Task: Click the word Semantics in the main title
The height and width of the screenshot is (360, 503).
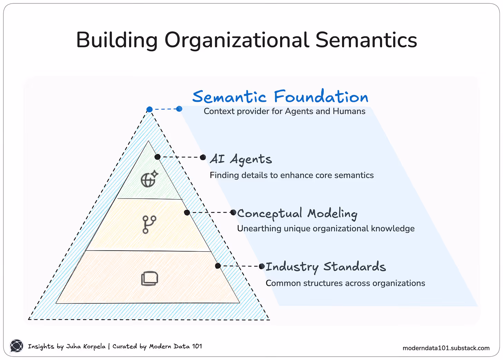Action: (x=366, y=40)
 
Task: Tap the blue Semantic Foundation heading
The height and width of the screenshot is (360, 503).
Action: (x=280, y=97)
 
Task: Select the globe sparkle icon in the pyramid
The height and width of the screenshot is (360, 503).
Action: (x=149, y=179)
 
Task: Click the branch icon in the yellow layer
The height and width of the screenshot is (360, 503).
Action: (x=149, y=224)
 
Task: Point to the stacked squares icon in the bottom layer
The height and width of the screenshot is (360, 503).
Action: (x=150, y=278)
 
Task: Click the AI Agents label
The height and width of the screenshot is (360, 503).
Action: (x=241, y=159)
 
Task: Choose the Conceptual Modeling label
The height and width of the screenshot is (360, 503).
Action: (x=297, y=214)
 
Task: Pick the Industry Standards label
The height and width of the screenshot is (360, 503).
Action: (x=325, y=267)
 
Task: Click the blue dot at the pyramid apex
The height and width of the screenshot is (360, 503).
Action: (x=150, y=109)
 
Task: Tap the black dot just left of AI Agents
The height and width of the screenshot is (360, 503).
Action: (x=203, y=157)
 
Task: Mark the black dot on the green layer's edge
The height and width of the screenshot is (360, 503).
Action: (x=158, y=157)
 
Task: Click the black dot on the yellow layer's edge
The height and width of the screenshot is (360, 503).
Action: (x=187, y=213)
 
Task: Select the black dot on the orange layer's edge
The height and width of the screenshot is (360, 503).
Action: (x=218, y=266)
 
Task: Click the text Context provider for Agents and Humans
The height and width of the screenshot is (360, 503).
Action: (x=284, y=111)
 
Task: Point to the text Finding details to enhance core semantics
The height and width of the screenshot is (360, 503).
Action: (x=292, y=175)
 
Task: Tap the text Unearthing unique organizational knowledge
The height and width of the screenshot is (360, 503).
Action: (x=326, y=228)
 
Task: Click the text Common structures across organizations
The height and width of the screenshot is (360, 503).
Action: (x=345, y=283)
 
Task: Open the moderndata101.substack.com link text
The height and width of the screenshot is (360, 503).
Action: (x=446, y=348)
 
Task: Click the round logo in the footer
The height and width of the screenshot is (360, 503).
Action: (x=16, y=346)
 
